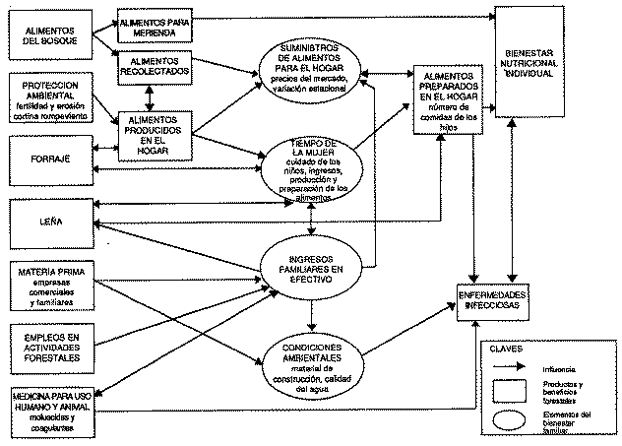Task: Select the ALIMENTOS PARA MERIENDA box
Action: click(153, 26)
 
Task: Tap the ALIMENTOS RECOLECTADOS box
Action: click(153, 66)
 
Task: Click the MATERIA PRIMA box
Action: click(49, 278)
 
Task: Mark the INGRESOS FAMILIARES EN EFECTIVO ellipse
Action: click(312, 267)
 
